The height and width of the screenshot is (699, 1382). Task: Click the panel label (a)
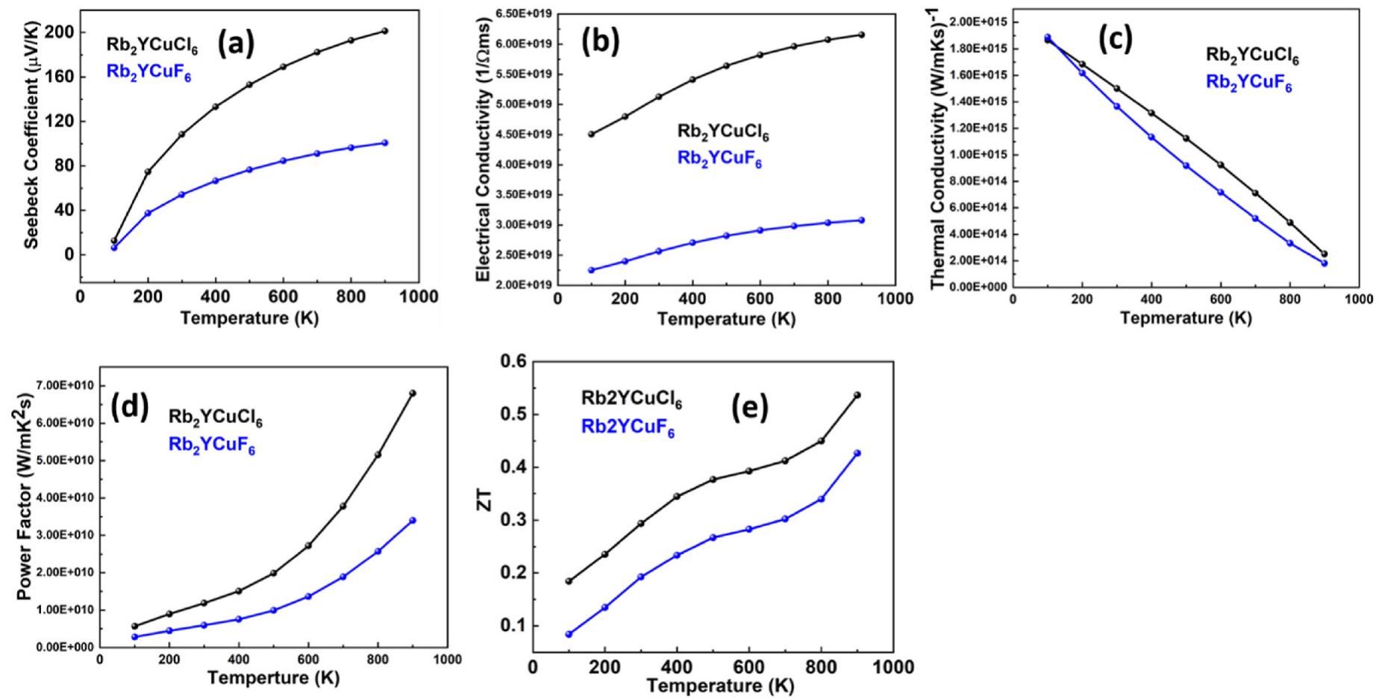click(236, 44)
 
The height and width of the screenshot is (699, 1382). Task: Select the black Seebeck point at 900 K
click(384, 31)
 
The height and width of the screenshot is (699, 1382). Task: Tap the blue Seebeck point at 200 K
click(148, 213)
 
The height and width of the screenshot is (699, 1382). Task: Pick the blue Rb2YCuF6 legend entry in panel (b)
click(719, 159)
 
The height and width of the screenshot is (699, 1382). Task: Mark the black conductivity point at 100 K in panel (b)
click(591, 134)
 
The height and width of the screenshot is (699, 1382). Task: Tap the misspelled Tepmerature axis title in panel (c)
click(1185, 319)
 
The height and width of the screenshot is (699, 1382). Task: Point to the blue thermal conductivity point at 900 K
click(1325, 263)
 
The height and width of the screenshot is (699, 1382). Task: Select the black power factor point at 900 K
click(413, 393)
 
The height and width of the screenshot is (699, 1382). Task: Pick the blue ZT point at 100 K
click(569, 634)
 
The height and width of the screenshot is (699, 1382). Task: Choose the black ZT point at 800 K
click(822, 441)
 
